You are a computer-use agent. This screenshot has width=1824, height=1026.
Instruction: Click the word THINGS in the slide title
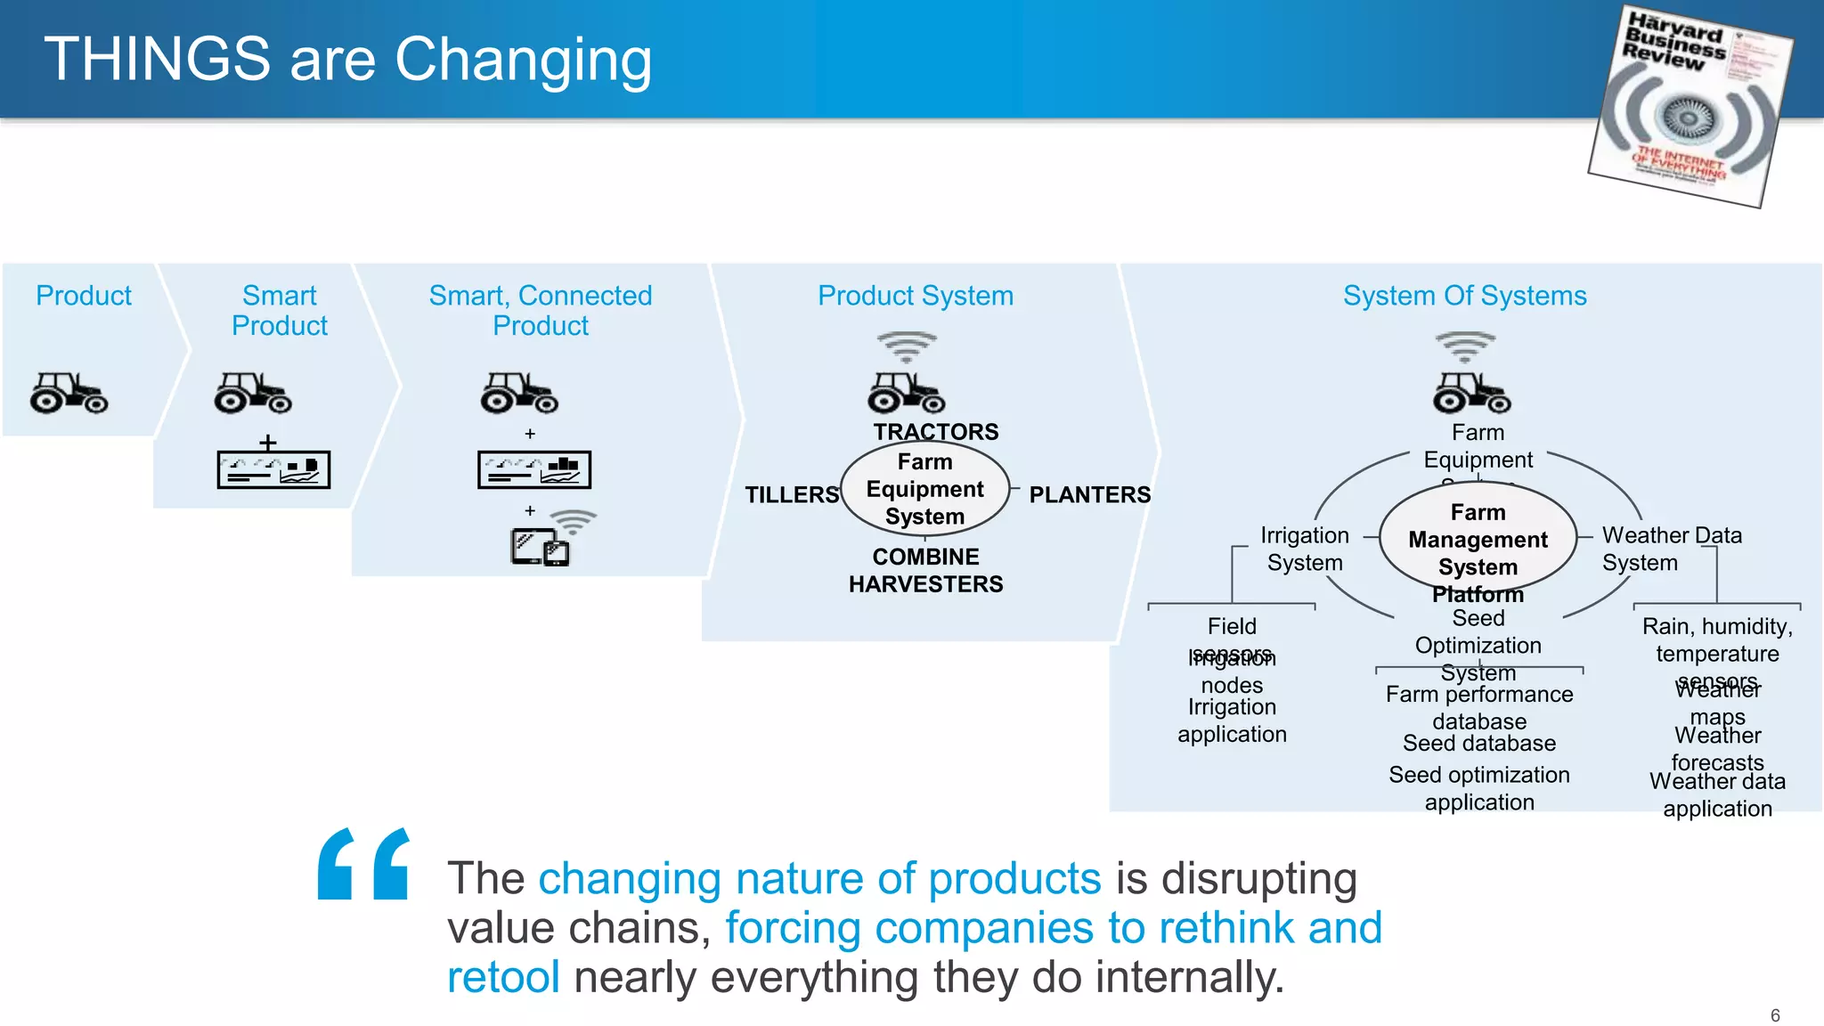[157, 60]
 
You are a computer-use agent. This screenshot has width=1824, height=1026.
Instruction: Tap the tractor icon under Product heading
[69, 393]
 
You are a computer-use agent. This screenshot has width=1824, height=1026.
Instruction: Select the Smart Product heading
[279, 310]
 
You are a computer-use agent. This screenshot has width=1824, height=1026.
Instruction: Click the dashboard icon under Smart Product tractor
[273, 469]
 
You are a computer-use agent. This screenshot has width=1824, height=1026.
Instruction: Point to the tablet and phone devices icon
[540, 547]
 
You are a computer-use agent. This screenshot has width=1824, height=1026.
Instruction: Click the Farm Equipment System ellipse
[924, 489]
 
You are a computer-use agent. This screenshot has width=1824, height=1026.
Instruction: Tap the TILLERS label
[791, 495]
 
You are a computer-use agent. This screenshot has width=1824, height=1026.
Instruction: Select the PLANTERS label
[1089, 495]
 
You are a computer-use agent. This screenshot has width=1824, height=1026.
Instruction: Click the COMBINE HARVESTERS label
[925, 570]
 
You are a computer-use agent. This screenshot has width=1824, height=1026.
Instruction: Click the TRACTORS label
[935, 432]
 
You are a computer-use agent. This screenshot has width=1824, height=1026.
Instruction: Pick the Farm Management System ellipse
[1478, 540]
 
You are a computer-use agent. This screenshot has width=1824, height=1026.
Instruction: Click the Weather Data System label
[1670, 549]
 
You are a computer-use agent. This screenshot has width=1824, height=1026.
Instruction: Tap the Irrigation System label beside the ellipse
[1304, 549]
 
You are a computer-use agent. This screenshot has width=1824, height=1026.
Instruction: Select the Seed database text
[1478, 744]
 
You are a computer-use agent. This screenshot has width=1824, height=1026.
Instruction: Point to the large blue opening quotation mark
[363, 863]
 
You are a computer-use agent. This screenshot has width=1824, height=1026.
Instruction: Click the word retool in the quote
[503, 977]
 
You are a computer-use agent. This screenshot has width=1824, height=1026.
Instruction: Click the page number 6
[1774, 1015]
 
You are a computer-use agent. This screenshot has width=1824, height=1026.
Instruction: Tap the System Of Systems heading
[1464, 296]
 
